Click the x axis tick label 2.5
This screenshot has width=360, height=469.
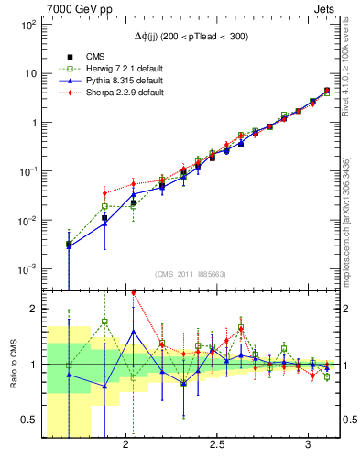[x=217, y=445]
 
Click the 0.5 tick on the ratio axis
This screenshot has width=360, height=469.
[x=29, y=420]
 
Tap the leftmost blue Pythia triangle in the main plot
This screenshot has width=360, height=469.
[x=69, y=245]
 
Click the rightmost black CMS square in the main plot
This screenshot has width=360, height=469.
[x=327, y=91]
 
